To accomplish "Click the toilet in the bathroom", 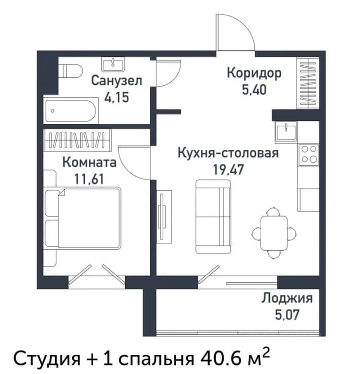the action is point(71,71).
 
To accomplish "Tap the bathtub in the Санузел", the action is point(71,111).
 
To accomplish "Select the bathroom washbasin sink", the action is point(113,64).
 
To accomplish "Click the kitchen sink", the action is point(286,132).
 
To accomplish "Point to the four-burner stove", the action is point(309,154).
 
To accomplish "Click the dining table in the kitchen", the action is point(274,233).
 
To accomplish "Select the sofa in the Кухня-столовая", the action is point(213,217).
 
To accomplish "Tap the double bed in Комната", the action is point(82,217).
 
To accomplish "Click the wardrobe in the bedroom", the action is point(77,140).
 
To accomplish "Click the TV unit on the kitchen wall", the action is point(164,217).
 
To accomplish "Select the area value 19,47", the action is point(228,170).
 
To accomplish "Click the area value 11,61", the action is point(89,180).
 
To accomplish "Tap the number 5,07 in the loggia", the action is point(287,314).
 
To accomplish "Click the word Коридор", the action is point(254,73).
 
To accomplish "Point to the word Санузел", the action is point(116,81).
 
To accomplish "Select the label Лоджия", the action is point(287,299).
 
